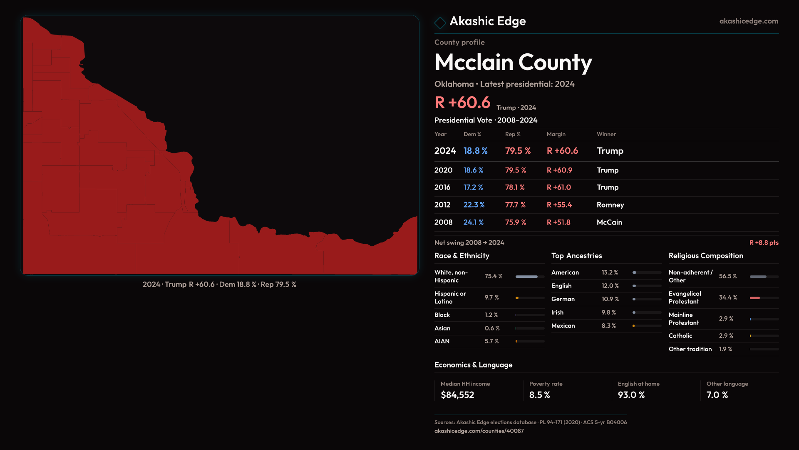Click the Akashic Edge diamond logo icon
[x=440, y=22]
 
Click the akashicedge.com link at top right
[x=748, y=21]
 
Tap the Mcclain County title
[x=513, y=62]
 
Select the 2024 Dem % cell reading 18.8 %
[x=475, y=151]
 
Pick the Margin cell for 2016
[x=558, y=187]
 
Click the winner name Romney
[x=610, y=205]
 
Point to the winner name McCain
[x=609, y=222]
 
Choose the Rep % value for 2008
[x=515, y=222]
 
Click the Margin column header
[x=556, y=134]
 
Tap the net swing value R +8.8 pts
[x=764, y=242]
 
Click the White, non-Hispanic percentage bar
[x=527, y=277]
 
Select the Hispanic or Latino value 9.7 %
[x=491, y=297]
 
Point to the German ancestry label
[x=563, y=299]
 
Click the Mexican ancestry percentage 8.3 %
[x=608, y=326]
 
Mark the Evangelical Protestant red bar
[x=755, y=298]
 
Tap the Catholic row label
[x=680, y=336]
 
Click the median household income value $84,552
[x=457, y=395]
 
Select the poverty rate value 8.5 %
[x=539, y=395]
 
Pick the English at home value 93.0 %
[x=631, y=395]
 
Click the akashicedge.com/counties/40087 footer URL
[x=479, y=431]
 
